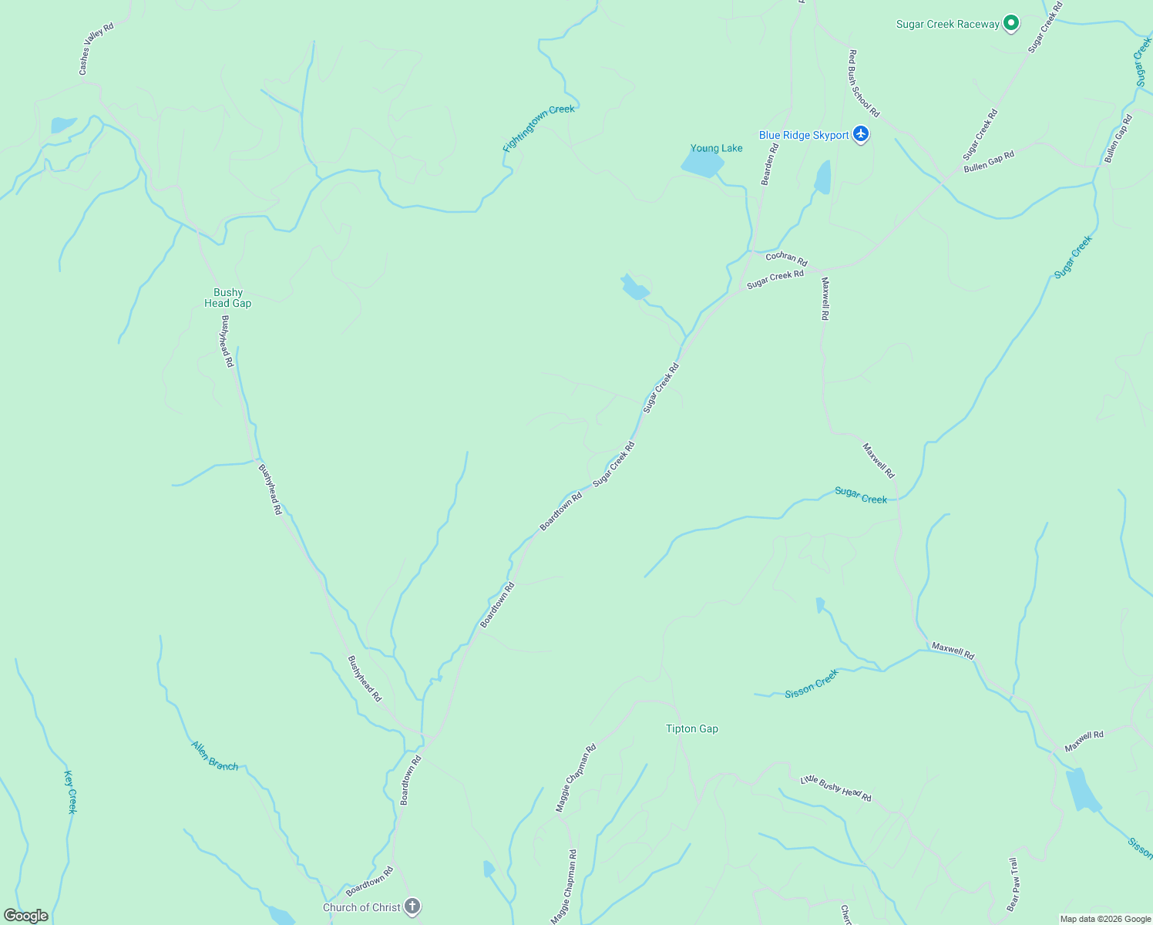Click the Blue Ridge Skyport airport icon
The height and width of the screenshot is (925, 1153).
(861, 135)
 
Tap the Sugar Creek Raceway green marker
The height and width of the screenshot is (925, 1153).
(1010, 24)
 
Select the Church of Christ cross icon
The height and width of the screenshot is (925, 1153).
(412, 906)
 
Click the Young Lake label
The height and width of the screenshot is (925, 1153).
(716, 148)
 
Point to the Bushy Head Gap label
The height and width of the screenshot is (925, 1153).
(227, 298)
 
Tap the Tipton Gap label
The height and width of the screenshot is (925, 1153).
(691, 728)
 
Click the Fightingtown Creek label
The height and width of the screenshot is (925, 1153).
(539, 128)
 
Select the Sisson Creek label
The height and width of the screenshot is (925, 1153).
(811, 684)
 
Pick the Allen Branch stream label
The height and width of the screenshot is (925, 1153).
(214, 755)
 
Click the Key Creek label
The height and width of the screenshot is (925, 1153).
(70, 792)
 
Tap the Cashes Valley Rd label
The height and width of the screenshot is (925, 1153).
(96, 49)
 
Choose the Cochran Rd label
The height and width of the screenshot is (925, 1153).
(786, 258)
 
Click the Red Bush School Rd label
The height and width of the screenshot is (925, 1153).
(863, 83)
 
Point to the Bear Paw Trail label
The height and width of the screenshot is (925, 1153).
(1013, 884)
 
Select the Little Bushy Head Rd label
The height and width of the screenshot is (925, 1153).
(835, 789)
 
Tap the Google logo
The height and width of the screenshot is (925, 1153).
(26, 916)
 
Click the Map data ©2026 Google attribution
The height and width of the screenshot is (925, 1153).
(1105, 919)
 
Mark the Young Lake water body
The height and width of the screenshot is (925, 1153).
(701, 163)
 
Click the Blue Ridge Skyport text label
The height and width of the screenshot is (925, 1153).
(803, 135)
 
